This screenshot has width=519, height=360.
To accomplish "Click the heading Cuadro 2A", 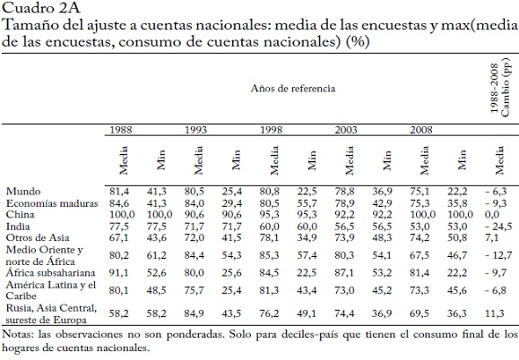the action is (x=41, y=8).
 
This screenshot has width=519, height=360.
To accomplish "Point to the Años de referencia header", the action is (x=293, y=89).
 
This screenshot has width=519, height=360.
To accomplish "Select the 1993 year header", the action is (x=195, y=130).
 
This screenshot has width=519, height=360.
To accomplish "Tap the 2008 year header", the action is (x=421, y=130).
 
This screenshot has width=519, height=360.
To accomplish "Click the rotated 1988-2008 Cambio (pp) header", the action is (x=500, y=87).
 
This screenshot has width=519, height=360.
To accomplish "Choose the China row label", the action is (x=20, y=215).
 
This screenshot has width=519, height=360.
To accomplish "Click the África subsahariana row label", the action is (x=50, y=273).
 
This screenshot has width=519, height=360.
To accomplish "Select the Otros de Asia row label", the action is (x=38, y=237).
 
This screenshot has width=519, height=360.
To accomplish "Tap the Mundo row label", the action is (x=23, y=192).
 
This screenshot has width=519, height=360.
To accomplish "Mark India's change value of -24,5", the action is (x=498, y=227).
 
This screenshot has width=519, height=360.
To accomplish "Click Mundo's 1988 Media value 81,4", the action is (x=119, y=192).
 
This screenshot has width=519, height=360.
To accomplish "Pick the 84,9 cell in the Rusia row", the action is (x=194, y=313).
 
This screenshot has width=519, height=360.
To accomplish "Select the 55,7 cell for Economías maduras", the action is (x=307, y=203).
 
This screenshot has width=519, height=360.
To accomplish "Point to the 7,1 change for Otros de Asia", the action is (x=491, y=237).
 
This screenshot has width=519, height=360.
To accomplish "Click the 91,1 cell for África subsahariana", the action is (x=119, y=273).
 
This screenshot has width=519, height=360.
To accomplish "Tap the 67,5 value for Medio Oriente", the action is (x=420, y=255).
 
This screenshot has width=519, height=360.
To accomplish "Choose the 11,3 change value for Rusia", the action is (x=495, y=313).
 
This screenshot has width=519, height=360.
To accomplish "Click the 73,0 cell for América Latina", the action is (x=344, y=290).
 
